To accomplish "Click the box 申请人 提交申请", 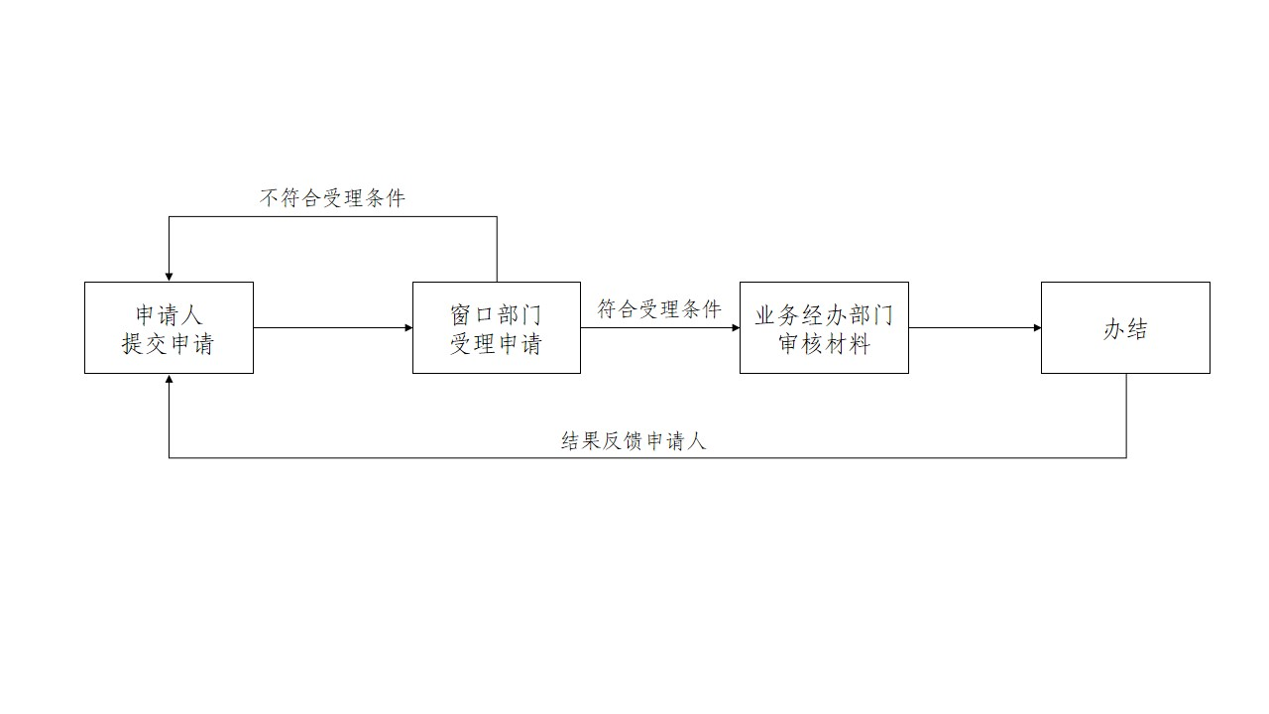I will point(169,327).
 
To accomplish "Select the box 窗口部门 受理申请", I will point(496,327).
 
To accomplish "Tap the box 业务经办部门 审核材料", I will point(824,327).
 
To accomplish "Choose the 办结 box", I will point(1125,327).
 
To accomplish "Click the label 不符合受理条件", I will point(333,198).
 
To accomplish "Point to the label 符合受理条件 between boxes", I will point(659,309).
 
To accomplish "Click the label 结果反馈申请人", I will point(634,441).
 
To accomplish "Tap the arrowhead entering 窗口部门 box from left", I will point(407,327).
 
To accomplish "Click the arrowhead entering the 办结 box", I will point(1036,327).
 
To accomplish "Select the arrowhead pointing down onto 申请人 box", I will point(170,277).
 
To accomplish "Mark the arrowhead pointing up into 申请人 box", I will point(170,380).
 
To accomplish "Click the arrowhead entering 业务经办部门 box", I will point(735,327).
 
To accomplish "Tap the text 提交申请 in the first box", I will point(169,344).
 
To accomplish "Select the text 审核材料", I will point(824,344).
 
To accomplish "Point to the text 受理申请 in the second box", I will point(496,344).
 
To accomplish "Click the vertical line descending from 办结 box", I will point(1126,416).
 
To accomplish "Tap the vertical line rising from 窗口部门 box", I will point(497,248).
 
